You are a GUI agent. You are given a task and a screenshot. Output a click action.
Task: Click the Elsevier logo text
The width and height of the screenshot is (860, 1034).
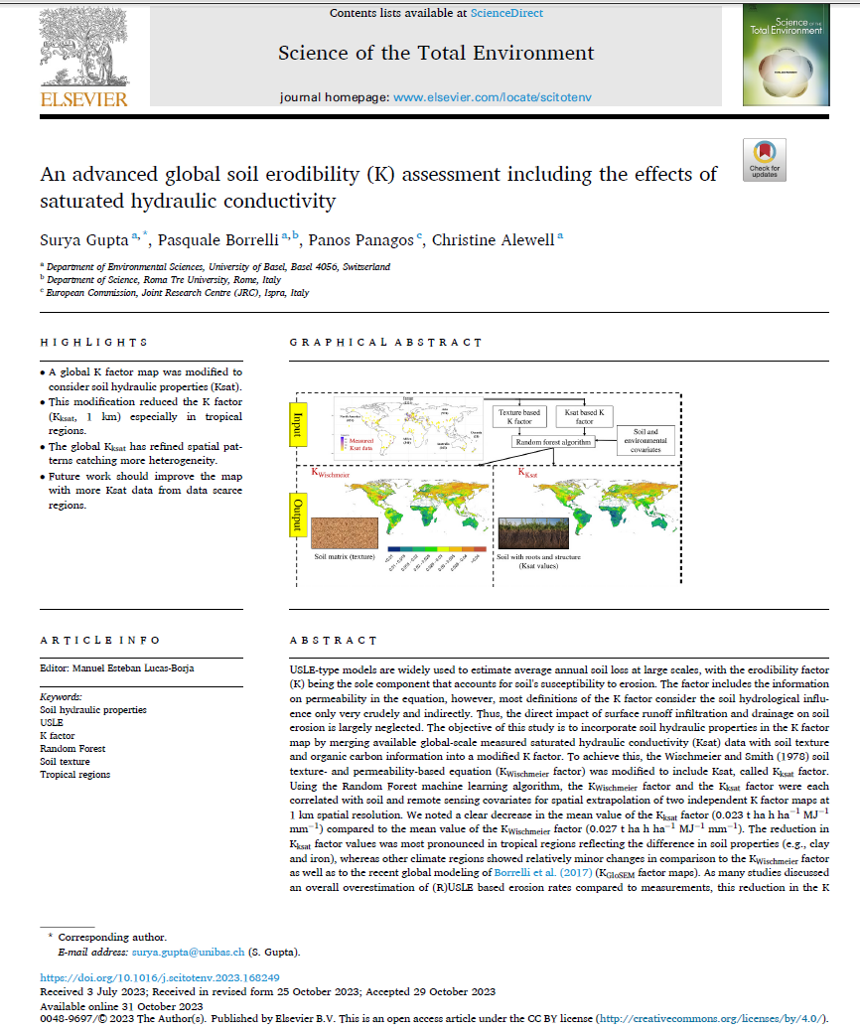pyautogui.click(x=84, y=98)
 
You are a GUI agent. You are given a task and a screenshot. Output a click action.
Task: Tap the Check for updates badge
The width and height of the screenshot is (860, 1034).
pyautogui.click(x=764, y=160)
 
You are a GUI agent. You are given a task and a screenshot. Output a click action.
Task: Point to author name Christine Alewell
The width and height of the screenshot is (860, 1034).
pyautogui.click(x=495, y=239)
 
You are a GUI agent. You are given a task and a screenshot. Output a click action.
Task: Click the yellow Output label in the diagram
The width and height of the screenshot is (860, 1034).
pyautogui.click(x=296, y=515)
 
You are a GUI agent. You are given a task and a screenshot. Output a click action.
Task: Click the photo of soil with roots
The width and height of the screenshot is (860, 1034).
pyautogui.click(x=532, y=534)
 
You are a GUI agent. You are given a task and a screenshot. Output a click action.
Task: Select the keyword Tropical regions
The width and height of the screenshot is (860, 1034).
pyautogui.click(x=75, y=775)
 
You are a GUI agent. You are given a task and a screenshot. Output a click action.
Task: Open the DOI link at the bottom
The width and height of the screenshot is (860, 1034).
pyautogui.click(x=160, y=977)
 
